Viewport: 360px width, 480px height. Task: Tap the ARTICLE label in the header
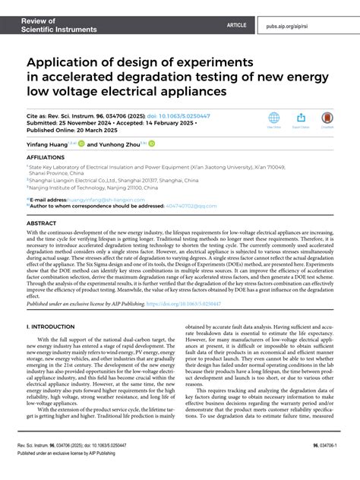pos(236,25)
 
